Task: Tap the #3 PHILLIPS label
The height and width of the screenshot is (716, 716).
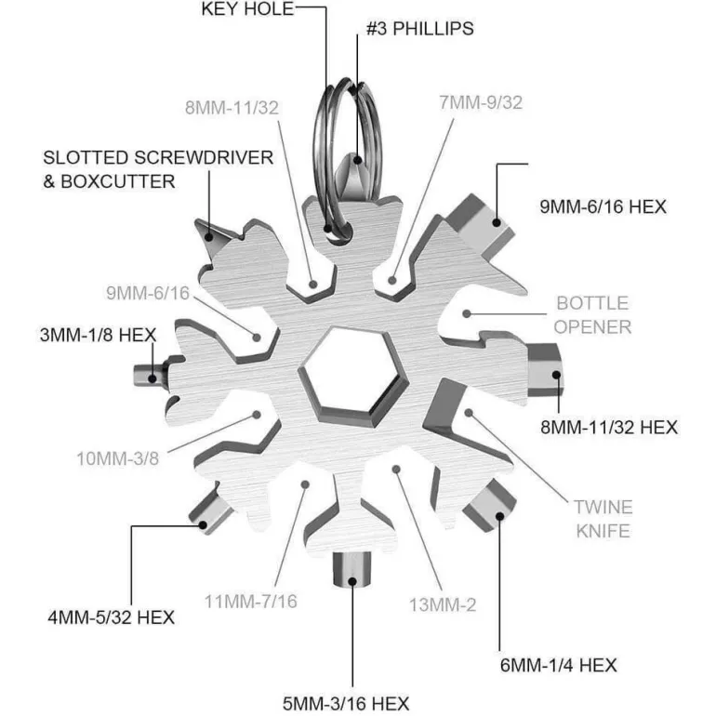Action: [x=419, y=29]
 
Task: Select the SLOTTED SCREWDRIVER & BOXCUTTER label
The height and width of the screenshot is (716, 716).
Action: [x=158, y=169]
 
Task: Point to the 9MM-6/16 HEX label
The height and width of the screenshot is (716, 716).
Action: [x=603, y=206]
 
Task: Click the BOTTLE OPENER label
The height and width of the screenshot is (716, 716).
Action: [x=593, y=314]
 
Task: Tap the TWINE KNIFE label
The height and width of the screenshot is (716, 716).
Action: [x=603, y=519]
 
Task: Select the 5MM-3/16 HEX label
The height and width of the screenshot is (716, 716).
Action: [x=346, y=703]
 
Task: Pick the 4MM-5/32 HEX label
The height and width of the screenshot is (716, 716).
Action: [x=111, y=617]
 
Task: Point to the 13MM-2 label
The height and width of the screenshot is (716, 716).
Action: [x=443, y=605]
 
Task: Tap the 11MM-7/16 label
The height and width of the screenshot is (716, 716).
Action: [x=251, y=602]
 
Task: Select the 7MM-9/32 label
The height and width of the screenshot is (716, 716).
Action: [x=481, y=102]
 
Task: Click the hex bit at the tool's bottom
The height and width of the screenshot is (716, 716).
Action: [x=351, y=567]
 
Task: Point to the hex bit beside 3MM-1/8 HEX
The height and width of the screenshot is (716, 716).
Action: [x=147, y=375]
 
